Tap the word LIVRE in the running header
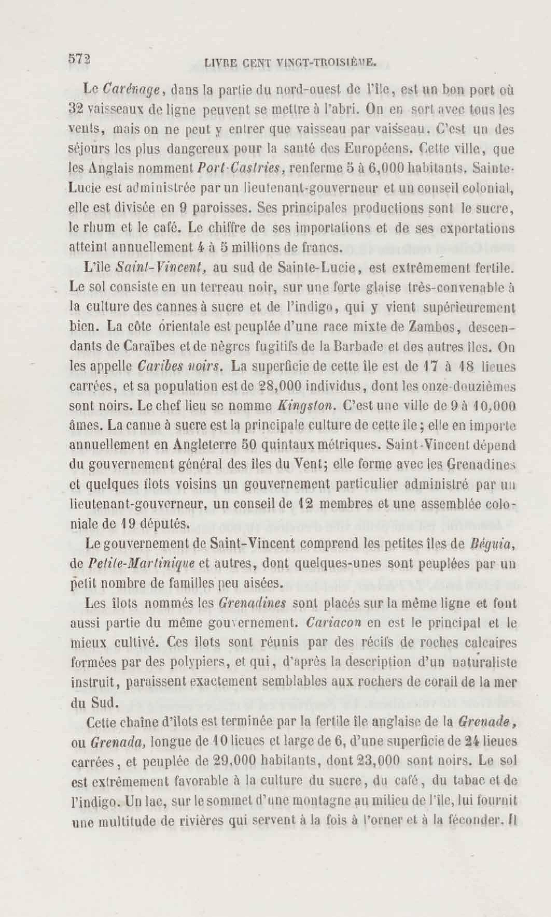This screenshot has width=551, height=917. tap(221, 63)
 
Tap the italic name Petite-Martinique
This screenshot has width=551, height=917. tap(142, 564)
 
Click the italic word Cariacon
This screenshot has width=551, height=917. tap(334, 622)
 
